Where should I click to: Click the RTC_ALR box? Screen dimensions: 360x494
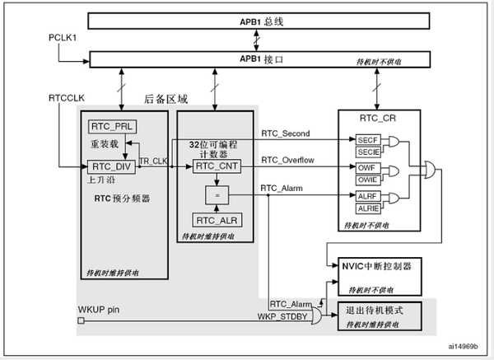216,220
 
